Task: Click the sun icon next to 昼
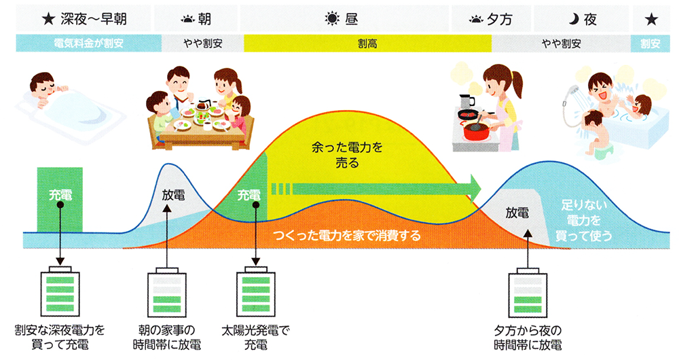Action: (x=331, y=20)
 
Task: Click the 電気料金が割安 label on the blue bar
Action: (x=88, y=44)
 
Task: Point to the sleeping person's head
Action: (x=43, y=86)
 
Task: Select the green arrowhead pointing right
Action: (x=473, y=186)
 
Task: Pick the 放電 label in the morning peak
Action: (x=173, y=193)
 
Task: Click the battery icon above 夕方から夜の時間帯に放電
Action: (x=528, y=292)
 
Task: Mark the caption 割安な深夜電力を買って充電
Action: (x=60, y=336)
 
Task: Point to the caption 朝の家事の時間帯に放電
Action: (x=167, y=336)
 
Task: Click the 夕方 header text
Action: (x=500, y=20)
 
